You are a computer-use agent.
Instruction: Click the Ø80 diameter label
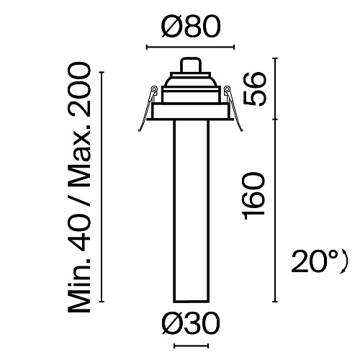point(191,26)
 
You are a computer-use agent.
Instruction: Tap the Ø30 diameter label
point(191,323)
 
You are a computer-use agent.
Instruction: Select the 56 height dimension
point(255,89)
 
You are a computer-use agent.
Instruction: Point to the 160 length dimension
point(254,197)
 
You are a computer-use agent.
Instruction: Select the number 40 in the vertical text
point(79,232)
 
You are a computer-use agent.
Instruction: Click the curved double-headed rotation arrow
point(346,261)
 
